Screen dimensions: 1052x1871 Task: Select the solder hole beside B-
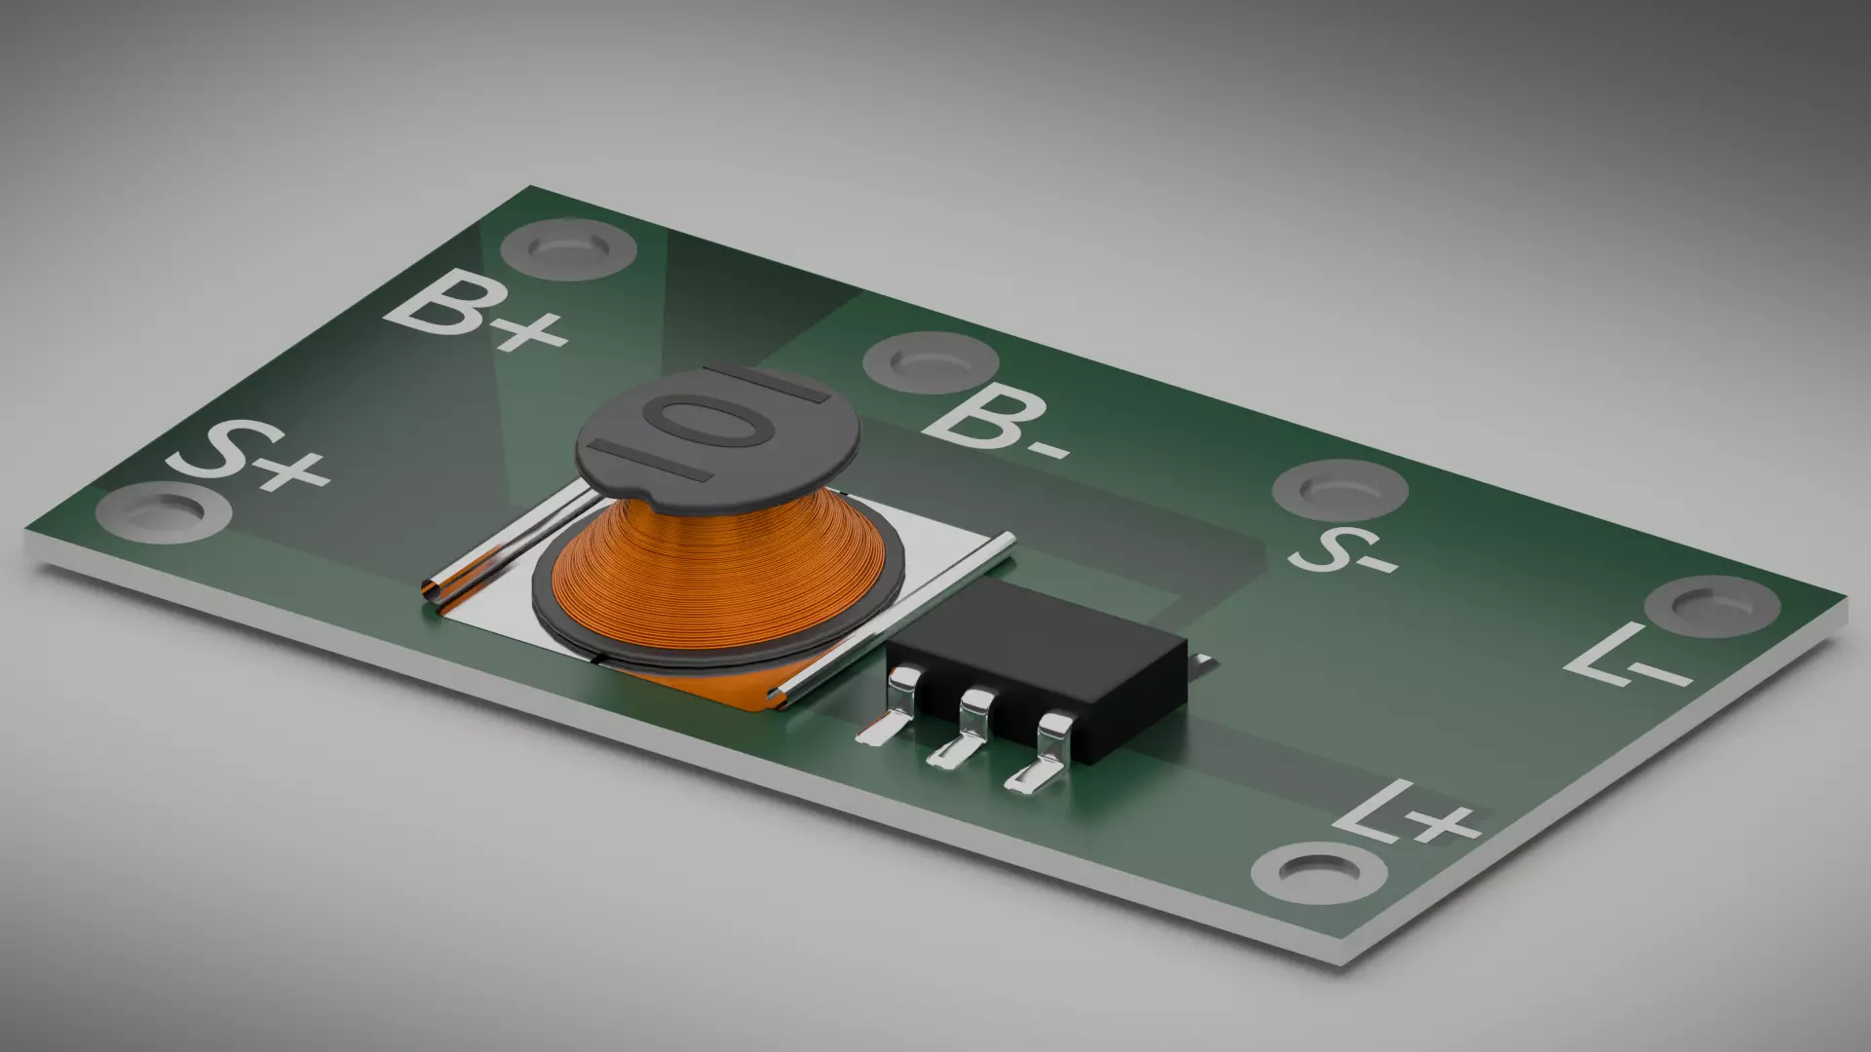tap(930, 361)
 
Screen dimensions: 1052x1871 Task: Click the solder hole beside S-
tap(1340, 490)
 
